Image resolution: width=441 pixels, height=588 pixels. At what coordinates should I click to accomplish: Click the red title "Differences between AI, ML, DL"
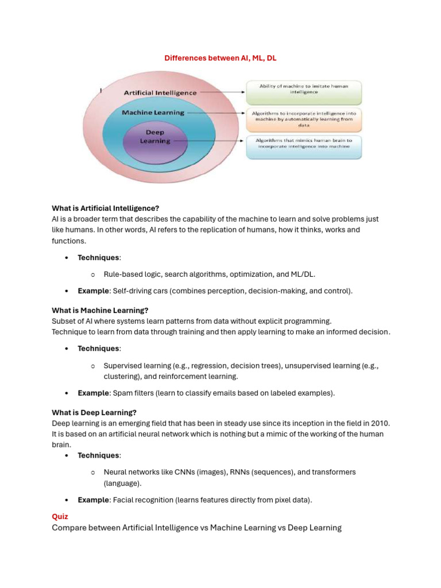pyautogui.click(x=220, y=58)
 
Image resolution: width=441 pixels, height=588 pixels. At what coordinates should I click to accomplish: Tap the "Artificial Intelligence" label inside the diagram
pyautogui.click(x=160, y=92)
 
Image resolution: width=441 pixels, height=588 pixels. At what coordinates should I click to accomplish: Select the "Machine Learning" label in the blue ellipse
pyautogui.click(x=153, y=113)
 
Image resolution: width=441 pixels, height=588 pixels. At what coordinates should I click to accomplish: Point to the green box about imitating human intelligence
pyautogui.click(x=304, y=88)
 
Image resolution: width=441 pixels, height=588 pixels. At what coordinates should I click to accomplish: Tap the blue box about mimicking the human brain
pyautogui.click(x=304, y=146)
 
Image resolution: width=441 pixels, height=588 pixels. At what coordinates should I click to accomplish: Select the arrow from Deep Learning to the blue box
pyautogui.click(x=210, y=140)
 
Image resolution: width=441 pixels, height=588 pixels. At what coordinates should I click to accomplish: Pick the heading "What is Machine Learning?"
pyautogui.click(x=100, y=310)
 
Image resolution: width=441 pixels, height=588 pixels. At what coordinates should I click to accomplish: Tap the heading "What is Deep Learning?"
pyautogui.click(x=94, y=412)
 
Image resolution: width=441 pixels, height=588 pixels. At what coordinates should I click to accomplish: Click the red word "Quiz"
pyautogui.click(x=60, y=516)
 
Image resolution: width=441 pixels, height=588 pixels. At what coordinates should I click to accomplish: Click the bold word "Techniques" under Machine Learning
pyautogui.click(x=99, y=349)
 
